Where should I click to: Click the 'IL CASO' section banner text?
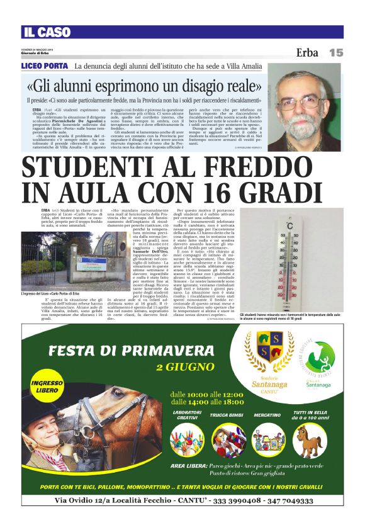pos(48,33)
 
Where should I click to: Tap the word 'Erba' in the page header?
pos(307,53)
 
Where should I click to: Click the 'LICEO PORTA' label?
pos(44,66)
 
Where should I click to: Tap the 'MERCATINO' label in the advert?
pos(267,415)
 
